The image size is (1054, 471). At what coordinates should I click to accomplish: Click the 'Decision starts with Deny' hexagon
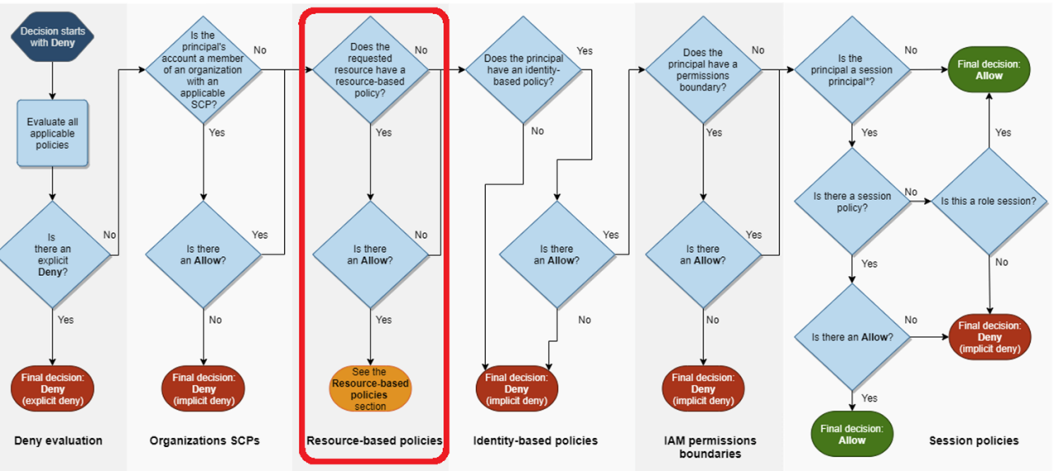coord(53,37)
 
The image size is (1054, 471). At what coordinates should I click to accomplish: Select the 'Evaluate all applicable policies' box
coord(52,133)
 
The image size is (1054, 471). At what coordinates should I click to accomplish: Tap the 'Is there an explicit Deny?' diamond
coord(54,254)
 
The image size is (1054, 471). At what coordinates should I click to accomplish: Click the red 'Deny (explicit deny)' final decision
coord(53,389)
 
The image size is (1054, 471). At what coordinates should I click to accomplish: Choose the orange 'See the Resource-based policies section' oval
coord(370,389)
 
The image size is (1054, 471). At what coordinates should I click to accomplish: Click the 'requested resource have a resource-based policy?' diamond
coord(371,71)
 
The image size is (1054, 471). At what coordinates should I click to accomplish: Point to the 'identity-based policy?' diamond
coord(524,71)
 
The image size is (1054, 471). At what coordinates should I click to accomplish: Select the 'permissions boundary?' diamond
coord(703,71)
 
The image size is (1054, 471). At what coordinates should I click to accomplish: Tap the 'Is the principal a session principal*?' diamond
coord(851,71)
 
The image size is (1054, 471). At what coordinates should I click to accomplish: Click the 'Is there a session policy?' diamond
coord(851,202)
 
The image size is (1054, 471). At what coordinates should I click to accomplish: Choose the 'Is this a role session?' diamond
coord(989,201)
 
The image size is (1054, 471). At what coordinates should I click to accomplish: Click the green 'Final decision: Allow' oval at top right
coord(989,69)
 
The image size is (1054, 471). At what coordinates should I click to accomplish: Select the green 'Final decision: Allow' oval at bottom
coord(851,434)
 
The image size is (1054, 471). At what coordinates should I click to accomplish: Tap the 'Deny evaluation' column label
coord(58,441)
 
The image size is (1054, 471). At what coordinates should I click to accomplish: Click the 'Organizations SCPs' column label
coord(204,441)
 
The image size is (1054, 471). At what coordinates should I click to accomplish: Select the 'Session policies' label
coord(973,441)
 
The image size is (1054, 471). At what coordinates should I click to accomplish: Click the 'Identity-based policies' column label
coord(535,441)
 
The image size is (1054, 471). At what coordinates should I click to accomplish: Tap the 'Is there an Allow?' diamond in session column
coord(851,336)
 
